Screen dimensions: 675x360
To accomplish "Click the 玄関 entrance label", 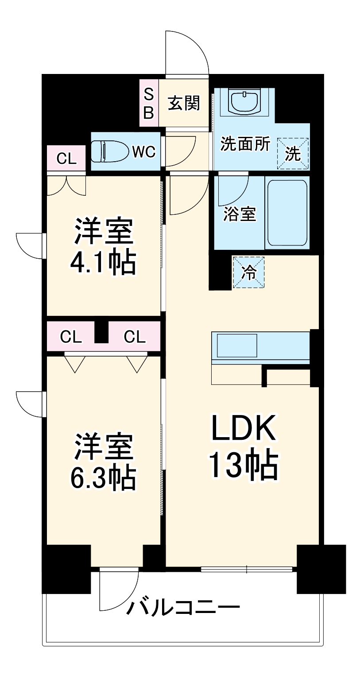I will [x=184, y=103].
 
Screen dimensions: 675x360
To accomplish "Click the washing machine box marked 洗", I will [x=292, y=153].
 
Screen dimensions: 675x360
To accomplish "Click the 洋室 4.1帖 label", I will [x=103, y=247].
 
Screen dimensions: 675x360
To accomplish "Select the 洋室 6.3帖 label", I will [x=103, y=462].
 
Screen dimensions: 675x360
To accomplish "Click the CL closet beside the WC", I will [x=66, y=158].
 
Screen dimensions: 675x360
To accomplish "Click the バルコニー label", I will [x=183, y=607].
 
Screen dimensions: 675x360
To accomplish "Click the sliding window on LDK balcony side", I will [x=247, y=569].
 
